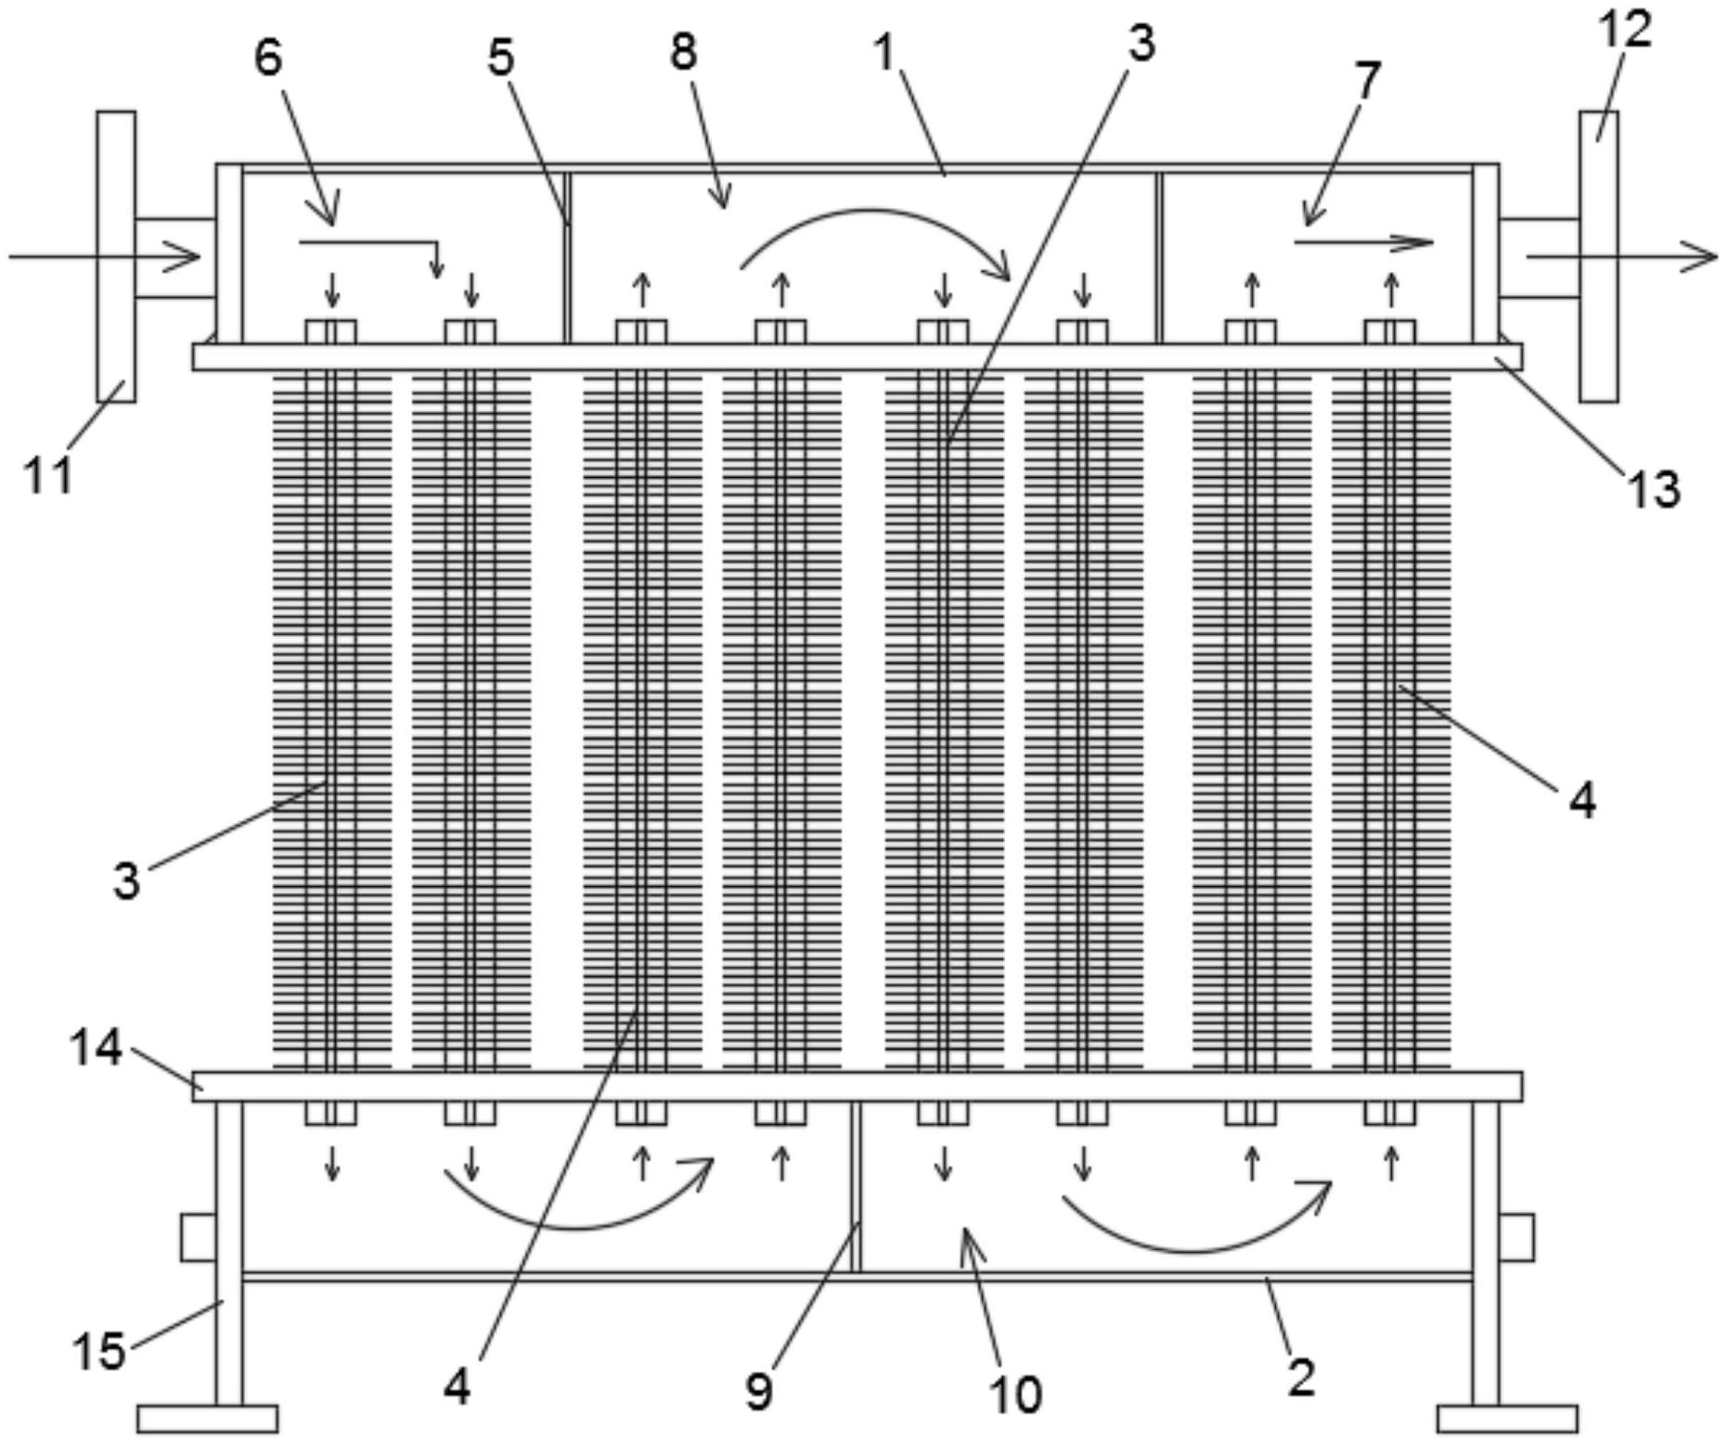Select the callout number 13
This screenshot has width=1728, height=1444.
[x=1653, y=489]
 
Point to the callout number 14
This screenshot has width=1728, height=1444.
[x=96, y=1049]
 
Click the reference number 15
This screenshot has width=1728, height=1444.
[x=99, y=1350]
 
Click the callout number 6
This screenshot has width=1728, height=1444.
[x=267, y=58]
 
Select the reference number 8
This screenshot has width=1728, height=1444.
[x=683, y=51]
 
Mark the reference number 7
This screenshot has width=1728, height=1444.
[x=1367, y=81]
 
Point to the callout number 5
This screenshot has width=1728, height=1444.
[x=500, y=58]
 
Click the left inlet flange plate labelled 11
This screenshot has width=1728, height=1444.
[x=116, y=256]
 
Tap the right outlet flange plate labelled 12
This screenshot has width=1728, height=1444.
[x=1598, y=256]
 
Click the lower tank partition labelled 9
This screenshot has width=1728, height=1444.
[x=856, y=1188]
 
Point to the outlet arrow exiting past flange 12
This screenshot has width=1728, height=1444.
[x=1619, y=256]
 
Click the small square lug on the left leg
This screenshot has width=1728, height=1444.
[x=198, y=1237]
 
